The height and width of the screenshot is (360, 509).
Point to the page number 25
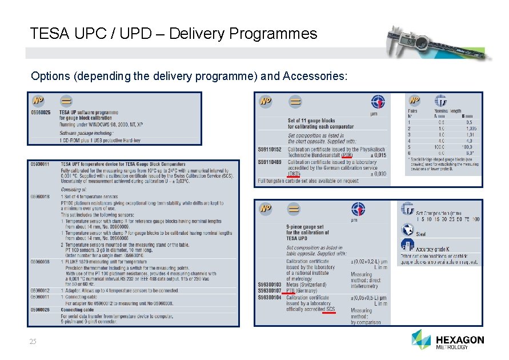pos(33,342)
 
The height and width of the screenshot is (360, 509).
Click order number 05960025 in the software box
pos(41,113)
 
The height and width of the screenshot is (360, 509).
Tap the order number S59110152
pos(270,149)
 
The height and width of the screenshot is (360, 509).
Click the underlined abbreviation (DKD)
pos(294,174)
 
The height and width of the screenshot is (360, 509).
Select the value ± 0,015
pos(375,155)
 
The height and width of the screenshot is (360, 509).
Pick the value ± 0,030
pos(375,174)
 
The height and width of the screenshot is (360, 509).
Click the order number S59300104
pos(270,297)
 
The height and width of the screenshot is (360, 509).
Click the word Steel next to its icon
pos(421,234)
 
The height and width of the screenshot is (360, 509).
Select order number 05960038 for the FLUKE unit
pos(40,262)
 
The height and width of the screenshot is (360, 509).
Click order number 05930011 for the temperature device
pos(40,165)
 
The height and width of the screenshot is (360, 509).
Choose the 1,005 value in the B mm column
pos(470,129)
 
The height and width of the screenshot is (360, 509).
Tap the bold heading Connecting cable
pos(79,310)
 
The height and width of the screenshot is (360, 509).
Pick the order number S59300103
pos(270,285)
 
